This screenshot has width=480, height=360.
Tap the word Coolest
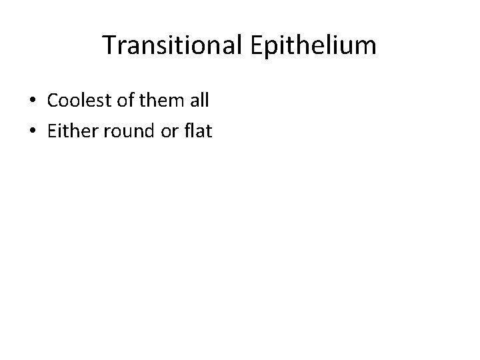click(x=75, y=101)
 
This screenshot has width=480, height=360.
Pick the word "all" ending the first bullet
click(x=199, y=101)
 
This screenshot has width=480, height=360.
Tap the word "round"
click(x=122, y=131)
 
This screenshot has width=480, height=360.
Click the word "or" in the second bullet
click(x=166, y=131)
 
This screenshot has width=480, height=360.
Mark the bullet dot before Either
click(x=32, y=132)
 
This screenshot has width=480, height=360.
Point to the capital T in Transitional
click(x=110, y=46)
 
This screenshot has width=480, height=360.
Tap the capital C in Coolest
click(x=53, y=101)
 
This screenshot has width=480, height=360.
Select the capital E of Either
click(x=51, y=131)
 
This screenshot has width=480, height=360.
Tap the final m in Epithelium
click(x=367, y=47)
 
